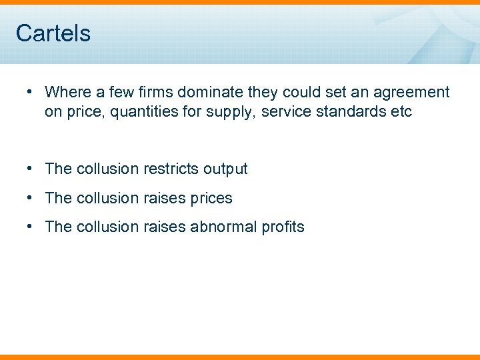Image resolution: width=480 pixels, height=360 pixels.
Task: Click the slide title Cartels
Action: pyautogui.click(x=53, y=33)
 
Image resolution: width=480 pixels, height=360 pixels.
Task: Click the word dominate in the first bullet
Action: pyautogui.click(x=211, y=92)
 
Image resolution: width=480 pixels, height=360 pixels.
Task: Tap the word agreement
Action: pyautogui.click(x=410, y=92)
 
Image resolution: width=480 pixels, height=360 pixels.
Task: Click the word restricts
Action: pyautogui.click(x=168, y=169)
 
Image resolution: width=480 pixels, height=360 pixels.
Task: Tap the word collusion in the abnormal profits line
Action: pyautogui.click(x=107, y=227)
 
